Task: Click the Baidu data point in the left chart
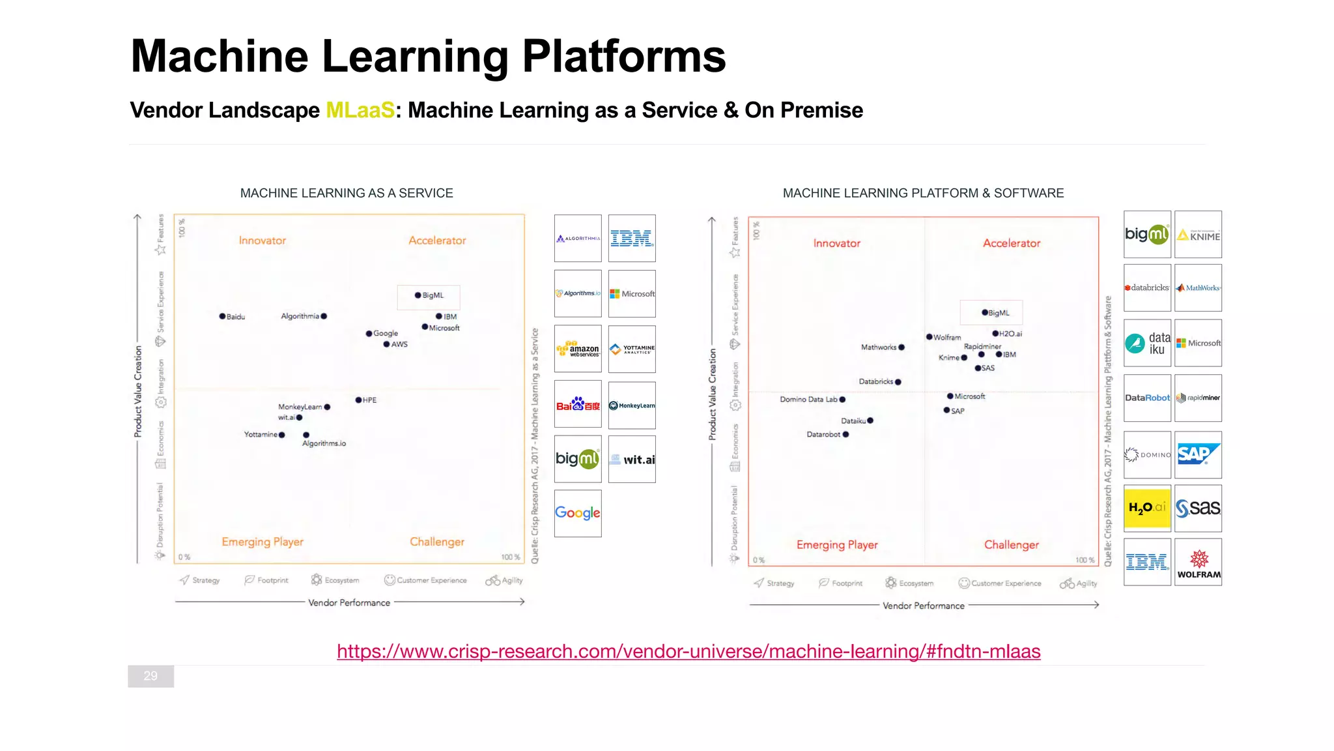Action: coord(222,316)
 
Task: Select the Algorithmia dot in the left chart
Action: coord(324,316)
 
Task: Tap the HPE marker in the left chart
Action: coord(358,400)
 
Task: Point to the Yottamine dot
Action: coord(281,435)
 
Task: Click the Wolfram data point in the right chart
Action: coord(930,337)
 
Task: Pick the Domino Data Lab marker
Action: coord(842,400)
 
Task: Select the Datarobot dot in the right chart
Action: coord(845,434)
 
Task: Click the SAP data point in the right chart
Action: coord(946,410)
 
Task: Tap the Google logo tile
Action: coord(578,513)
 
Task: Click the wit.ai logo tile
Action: coord(632,460)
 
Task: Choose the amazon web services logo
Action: coord(578,349)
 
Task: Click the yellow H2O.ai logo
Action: coord(1147,507)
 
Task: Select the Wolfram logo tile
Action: coord(1199,563)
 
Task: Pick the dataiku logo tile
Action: coord(1147,343)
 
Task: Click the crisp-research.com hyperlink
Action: coord(688,651)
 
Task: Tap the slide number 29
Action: coord(150,676)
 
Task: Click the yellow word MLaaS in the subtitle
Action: coord(360,110)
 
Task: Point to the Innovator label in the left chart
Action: coord(263,241)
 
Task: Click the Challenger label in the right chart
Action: coord(1011,545)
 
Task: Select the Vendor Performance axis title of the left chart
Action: coord(349,603)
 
